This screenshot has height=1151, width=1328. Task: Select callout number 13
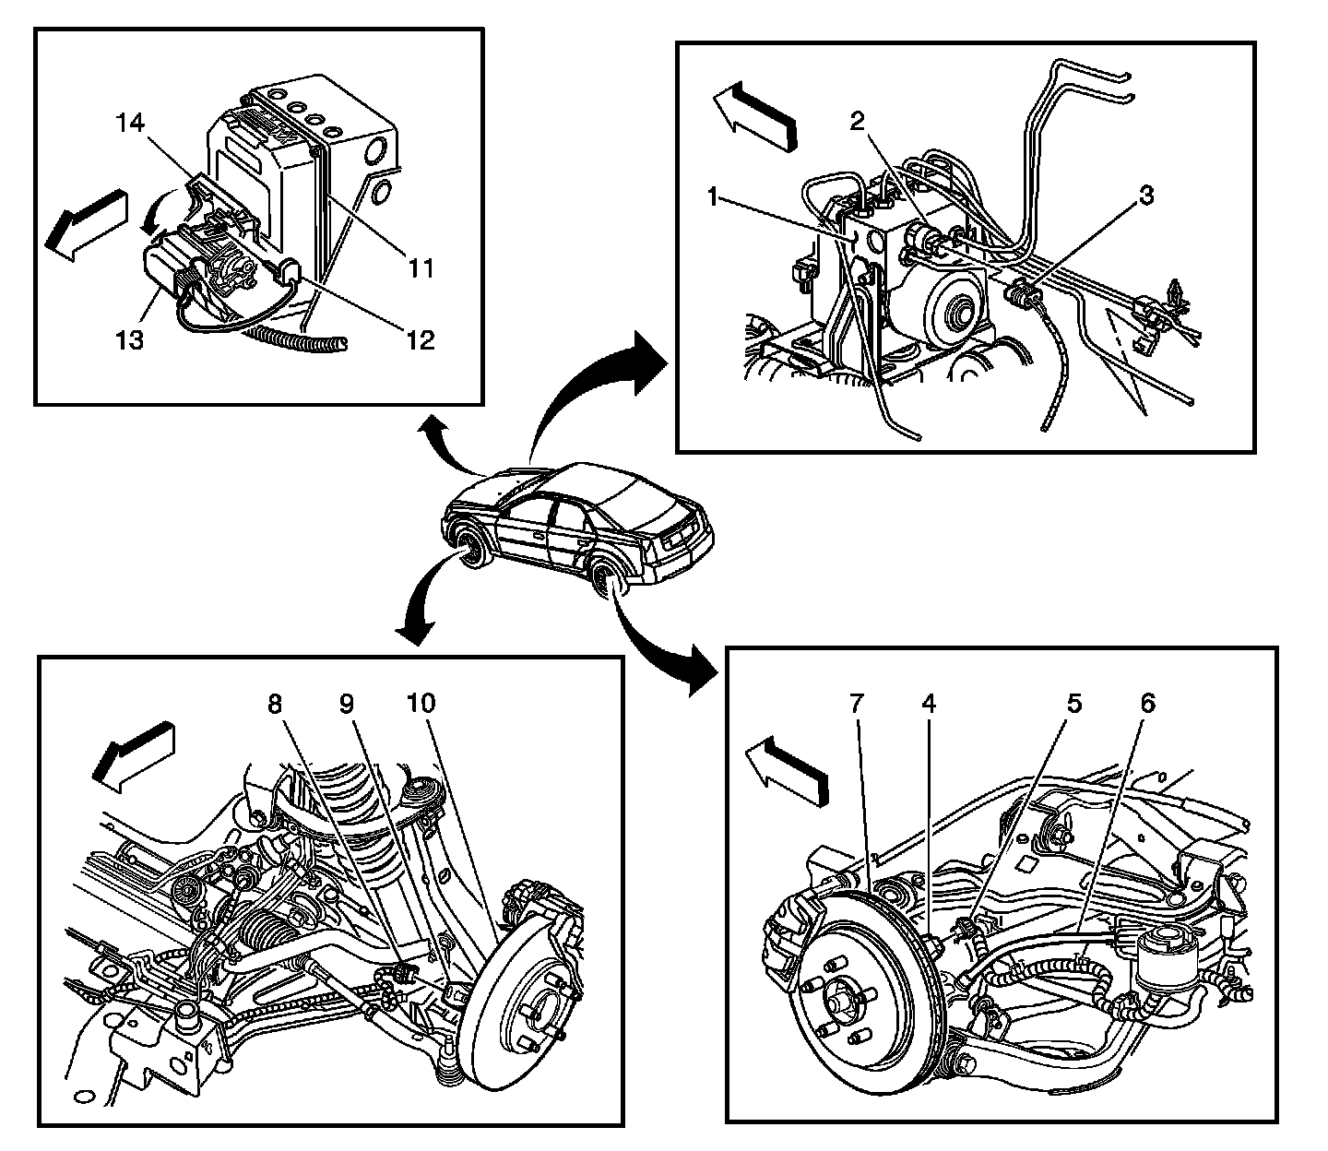click(x=130, y=340)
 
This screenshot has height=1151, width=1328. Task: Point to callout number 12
click(x=420, y=340)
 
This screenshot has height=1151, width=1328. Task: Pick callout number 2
click(x=857, y=121)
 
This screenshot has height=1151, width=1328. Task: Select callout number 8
click(x=275, y=703)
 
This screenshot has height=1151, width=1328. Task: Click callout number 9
click(x=346, y=703)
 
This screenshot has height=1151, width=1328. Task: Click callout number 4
click(x=929, y=703)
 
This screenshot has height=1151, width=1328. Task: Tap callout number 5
click(x=1073, y=703)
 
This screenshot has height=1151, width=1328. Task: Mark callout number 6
click(x=1146, y=703)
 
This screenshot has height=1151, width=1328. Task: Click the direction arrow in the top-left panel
click(x=87, y=224)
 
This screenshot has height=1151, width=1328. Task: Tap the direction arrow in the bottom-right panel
click(x=787, y=773)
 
